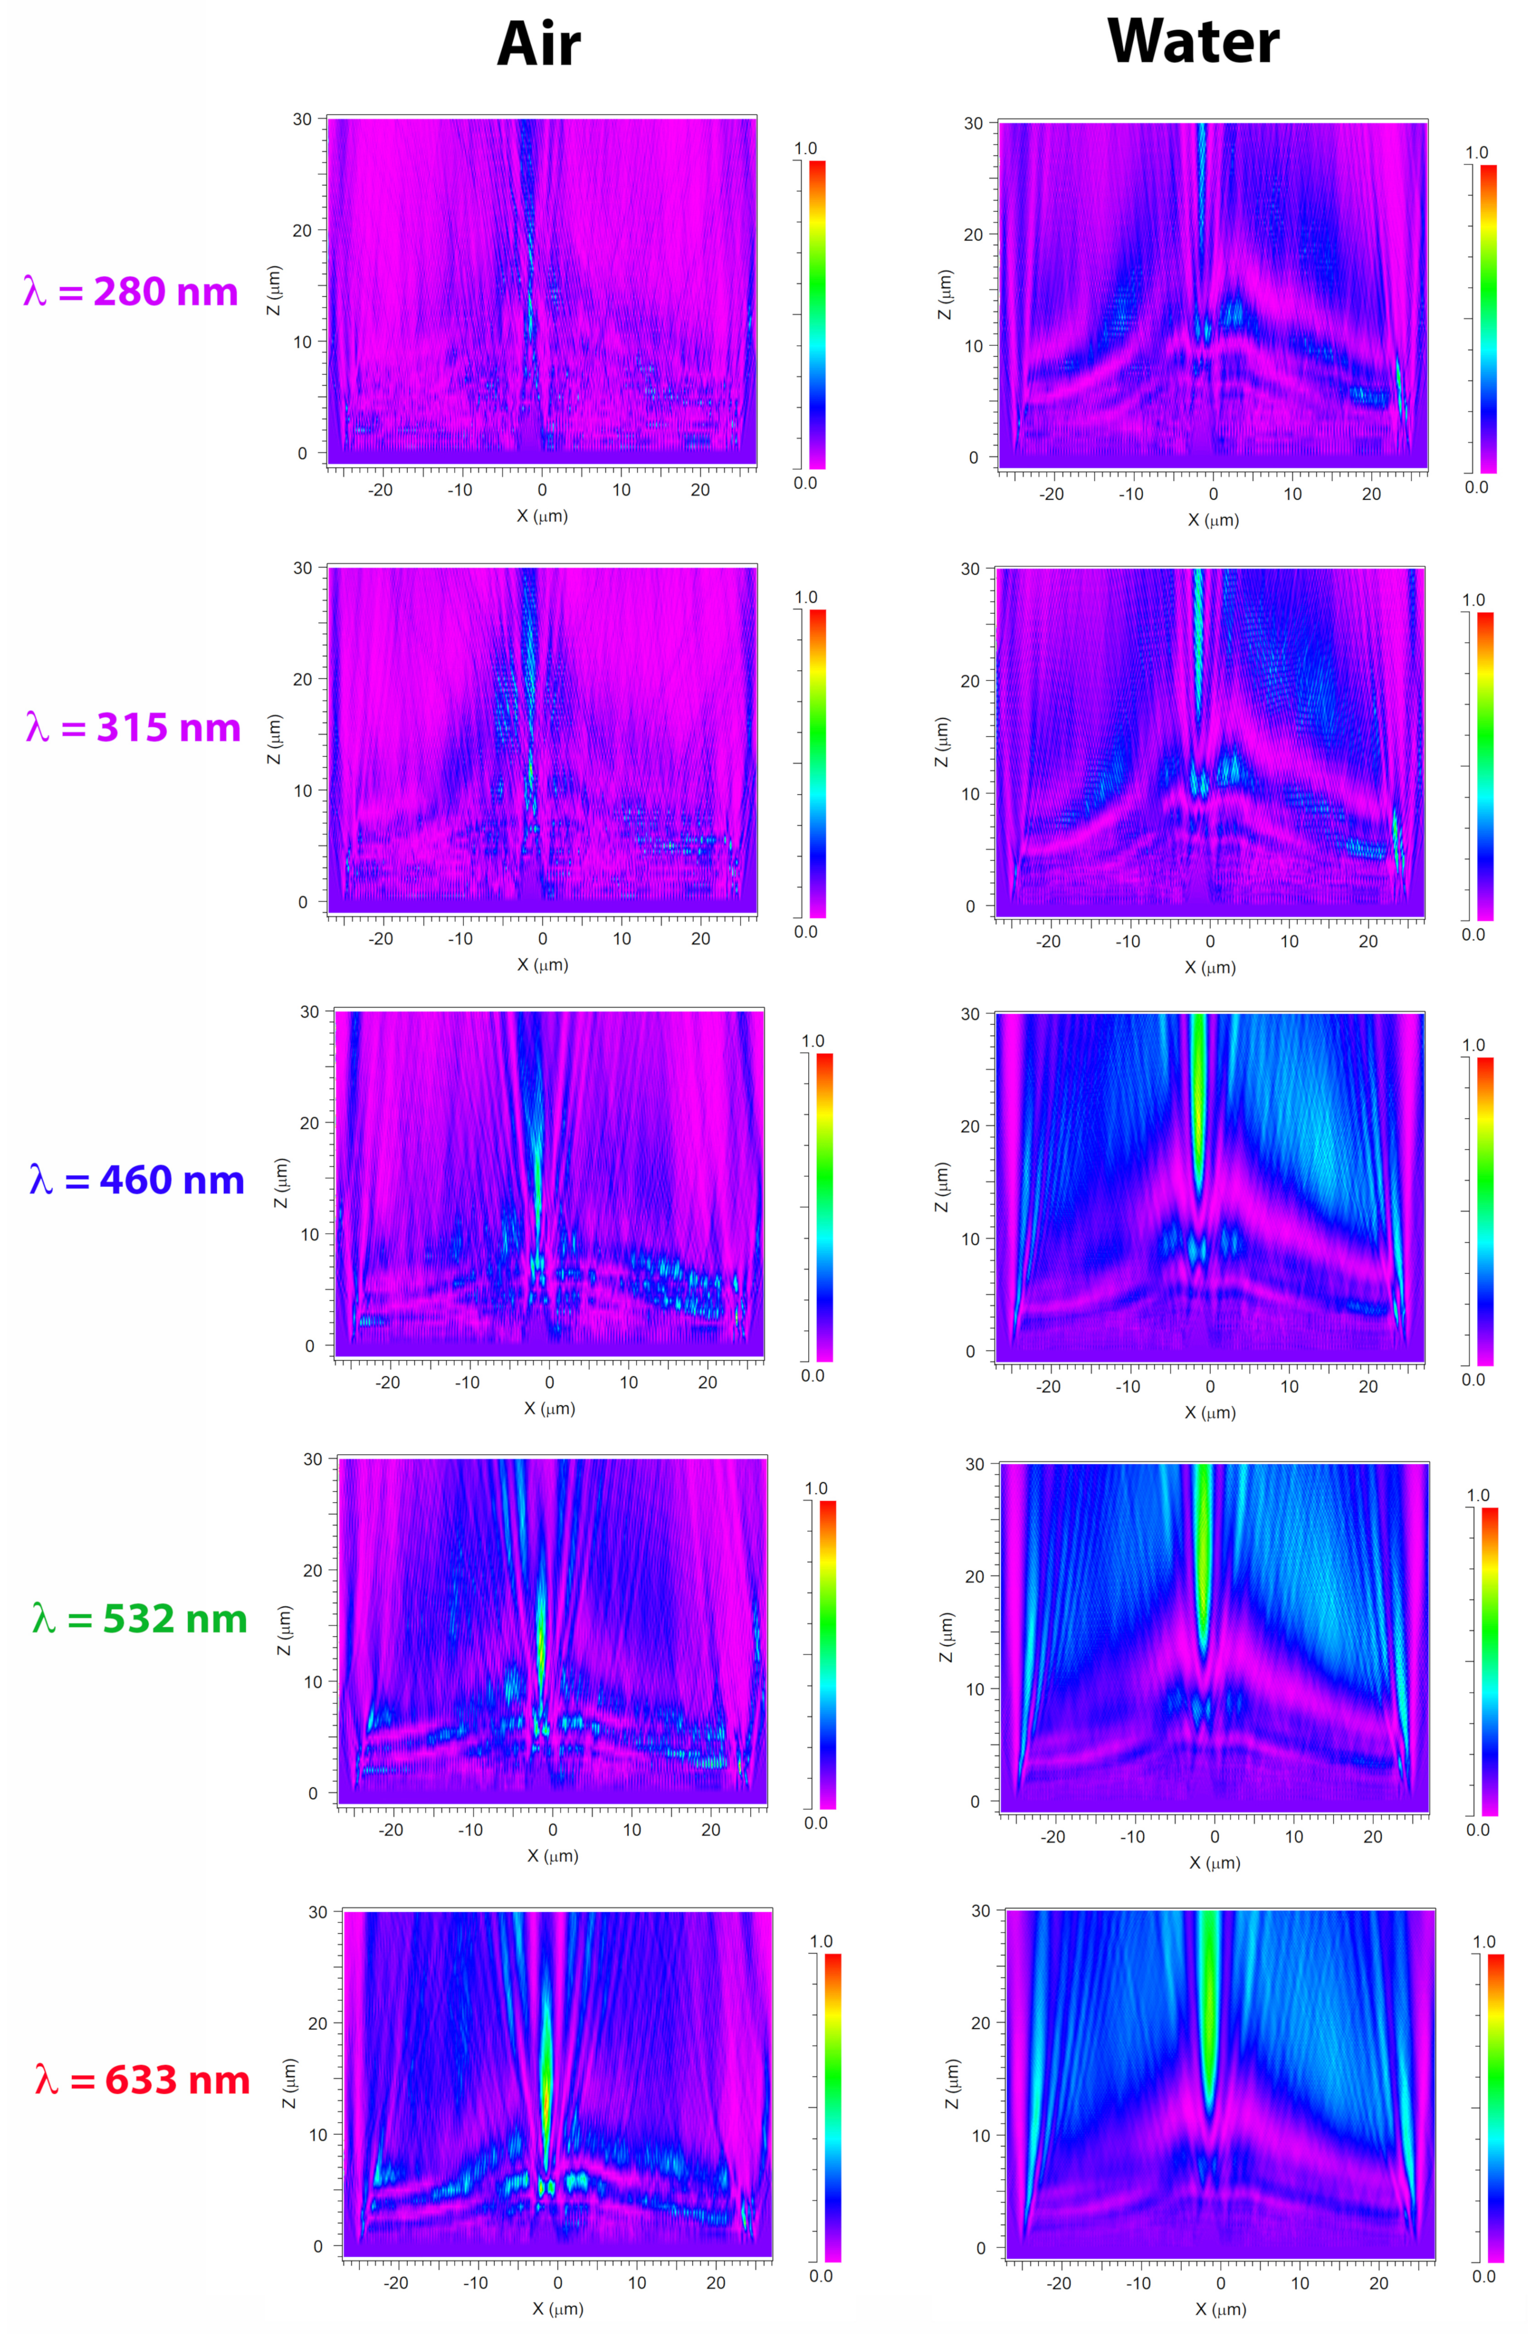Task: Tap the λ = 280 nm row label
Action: (131, 291)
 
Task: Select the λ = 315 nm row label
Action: (134, 728)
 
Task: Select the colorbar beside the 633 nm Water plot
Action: (1495, 2107)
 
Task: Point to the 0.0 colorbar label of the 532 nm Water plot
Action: (1478, 1830)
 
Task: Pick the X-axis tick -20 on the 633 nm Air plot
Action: (395, 2282)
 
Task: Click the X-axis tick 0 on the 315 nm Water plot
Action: (1209, 941)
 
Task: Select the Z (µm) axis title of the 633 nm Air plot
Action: (288, 2083)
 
